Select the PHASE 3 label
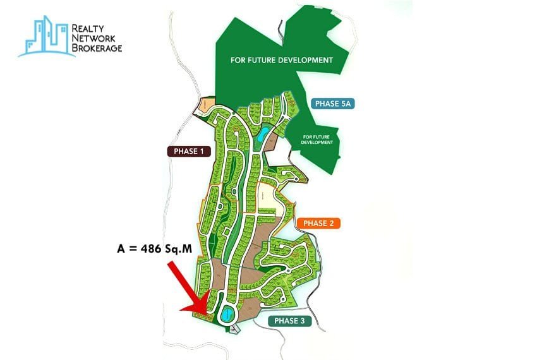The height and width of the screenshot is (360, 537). click(290, 321)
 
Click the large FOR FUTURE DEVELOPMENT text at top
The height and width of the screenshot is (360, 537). click(282, 61)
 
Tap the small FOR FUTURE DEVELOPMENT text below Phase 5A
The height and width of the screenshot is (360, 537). click(317, 140)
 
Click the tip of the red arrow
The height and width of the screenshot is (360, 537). click(182, 310)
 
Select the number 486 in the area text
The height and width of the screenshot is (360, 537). click(155, 248)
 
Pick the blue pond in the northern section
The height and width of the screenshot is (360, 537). click(263, 133)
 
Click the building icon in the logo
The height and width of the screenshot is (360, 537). click(45, 37)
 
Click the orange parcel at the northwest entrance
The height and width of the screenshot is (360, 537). click(206, 105)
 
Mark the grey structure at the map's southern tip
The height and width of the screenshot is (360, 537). click(234, 328)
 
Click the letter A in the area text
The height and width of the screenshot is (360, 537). click(121, 248)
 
